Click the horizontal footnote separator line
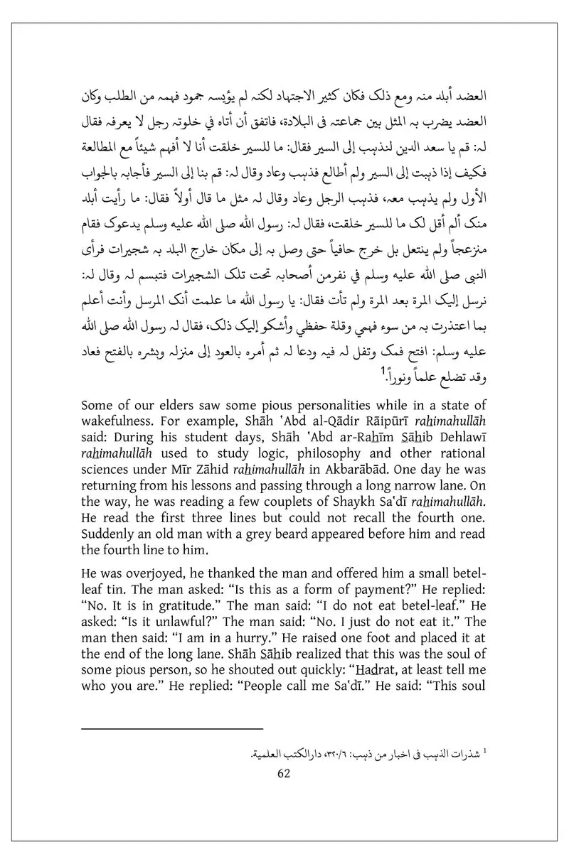coord(172,728)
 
